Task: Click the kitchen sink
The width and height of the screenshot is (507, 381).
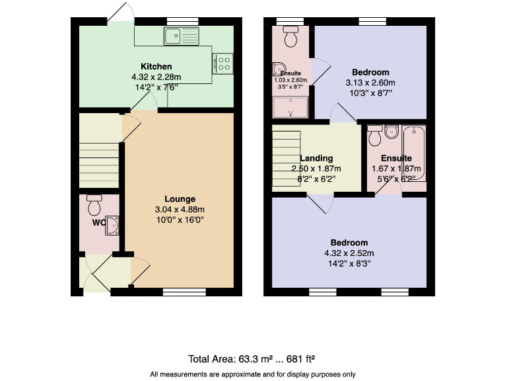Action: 182,36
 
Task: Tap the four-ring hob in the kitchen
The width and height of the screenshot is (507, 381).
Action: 224,63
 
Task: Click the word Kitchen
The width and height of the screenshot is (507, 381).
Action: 156,67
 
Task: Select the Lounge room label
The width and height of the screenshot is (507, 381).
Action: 180,199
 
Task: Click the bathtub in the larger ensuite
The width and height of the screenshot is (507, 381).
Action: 414,153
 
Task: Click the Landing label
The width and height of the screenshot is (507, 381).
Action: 316,159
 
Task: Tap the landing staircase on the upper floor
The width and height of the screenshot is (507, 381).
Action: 286,159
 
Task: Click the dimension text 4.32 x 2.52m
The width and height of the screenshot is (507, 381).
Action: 351,253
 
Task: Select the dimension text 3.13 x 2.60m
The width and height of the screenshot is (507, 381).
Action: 370,83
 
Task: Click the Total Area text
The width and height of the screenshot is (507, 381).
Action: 252,359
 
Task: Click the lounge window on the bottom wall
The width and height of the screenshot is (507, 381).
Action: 184,292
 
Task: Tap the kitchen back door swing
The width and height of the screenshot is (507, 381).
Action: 118,12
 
